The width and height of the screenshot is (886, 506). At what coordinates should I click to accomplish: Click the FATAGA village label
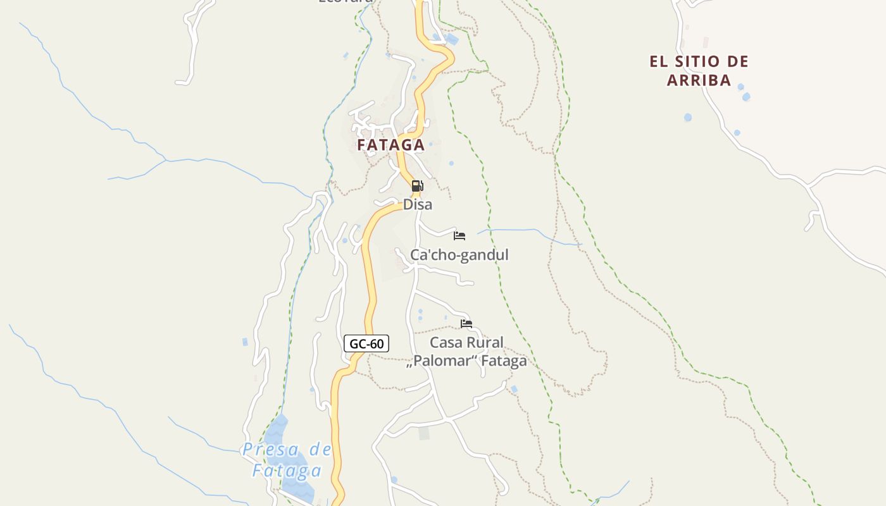(x=390, y=145)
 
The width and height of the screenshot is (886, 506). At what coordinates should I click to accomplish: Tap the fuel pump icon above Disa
(x=417, y=186)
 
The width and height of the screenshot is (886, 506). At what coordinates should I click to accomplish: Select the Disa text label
(x=418, y=204)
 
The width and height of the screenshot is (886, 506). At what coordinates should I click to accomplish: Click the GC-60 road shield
(x=366, y=343)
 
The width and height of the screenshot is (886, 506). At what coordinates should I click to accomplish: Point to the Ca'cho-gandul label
(x=459, y=255)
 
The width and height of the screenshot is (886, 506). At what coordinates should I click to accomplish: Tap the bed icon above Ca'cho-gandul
(x=459, y=236)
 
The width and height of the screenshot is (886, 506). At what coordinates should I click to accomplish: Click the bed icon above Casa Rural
(x=466, y=324)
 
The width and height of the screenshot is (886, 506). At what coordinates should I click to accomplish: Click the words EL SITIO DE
(x=699, y=62)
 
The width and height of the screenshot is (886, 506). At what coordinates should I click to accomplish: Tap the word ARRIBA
(x=699, y=80)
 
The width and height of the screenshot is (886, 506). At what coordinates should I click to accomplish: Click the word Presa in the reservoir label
(x=271, y=450)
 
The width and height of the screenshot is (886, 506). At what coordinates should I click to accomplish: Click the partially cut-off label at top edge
(x=345, y=2)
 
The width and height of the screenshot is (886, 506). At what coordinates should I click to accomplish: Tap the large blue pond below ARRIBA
(x=688, y=117)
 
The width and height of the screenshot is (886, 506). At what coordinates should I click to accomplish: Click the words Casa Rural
(x=466, y=343)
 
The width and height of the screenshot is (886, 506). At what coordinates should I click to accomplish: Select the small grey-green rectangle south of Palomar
(x=424, y=433)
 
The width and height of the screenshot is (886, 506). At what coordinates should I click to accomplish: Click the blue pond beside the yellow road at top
(x=452, y=39)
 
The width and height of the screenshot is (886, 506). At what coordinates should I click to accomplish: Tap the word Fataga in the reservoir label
(x=287, y=471)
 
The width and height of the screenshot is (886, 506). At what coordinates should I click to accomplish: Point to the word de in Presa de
(x=320, y=450)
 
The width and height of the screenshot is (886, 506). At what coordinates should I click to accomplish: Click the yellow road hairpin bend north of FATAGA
(x=448, y=59)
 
